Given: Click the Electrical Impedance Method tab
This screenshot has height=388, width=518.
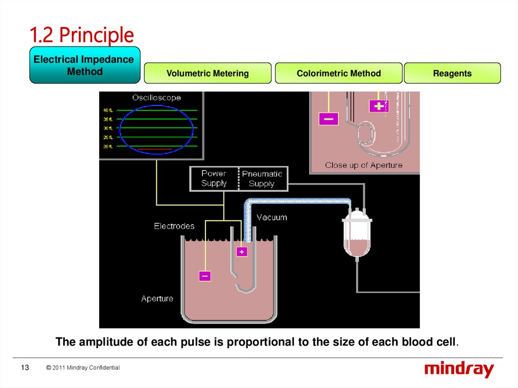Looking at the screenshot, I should (84, 65).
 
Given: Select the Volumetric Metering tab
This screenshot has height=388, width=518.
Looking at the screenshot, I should (207, 73).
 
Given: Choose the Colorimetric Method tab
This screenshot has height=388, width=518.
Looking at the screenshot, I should (338, 73).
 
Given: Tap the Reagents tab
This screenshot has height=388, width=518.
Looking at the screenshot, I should (452, 73).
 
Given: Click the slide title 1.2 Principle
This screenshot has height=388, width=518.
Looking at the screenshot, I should (81, 35).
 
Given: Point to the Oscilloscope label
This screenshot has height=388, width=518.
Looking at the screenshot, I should (156, 98).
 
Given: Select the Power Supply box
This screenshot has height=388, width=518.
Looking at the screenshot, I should (213, 179).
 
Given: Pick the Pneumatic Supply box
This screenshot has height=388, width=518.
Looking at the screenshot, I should (262, 179).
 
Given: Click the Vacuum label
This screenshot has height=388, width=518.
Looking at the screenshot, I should (272, 218).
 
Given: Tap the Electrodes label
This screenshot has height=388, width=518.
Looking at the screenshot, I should (174, 226).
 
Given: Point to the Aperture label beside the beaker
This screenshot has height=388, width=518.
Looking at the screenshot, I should (157, 298).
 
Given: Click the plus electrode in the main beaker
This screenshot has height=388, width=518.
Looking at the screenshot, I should (242, 251).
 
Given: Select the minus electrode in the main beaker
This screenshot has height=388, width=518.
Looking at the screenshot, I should (205, 276).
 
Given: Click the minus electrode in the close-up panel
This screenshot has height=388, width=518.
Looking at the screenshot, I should (328, 119).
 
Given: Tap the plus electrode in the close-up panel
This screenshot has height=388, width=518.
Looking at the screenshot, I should (378, 106).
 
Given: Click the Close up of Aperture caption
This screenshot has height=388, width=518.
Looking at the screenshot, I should (364, 165).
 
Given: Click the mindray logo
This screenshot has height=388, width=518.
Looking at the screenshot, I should (459, 369).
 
